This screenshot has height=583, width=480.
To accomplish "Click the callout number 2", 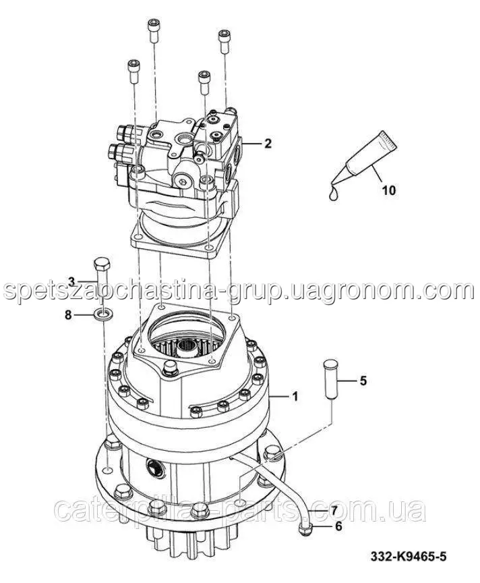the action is [x=268, y=143].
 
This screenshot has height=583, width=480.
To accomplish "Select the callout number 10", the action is [x=388, y=191].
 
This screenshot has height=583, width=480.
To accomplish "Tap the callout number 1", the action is [x=295, y=397].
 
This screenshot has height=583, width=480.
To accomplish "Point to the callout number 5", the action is [x=363, y=381].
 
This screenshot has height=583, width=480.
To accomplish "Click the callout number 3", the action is [x=71, y=281].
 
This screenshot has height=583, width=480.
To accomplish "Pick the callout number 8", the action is [x=68, y=315].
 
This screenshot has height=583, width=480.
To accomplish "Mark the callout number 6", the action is [x=338, y=526].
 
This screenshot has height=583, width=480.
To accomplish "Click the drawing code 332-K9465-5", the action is [x=409, y=557].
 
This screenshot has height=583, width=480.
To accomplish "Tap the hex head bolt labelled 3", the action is [x=101, y=278].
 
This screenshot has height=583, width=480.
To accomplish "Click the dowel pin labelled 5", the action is [x=330, y=379].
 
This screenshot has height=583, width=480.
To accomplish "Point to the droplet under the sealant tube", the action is [x=334, y=193].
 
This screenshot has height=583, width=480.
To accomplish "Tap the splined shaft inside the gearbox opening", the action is [x=187, y=348].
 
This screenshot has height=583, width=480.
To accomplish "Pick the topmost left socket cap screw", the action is [x=154, y=31].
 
